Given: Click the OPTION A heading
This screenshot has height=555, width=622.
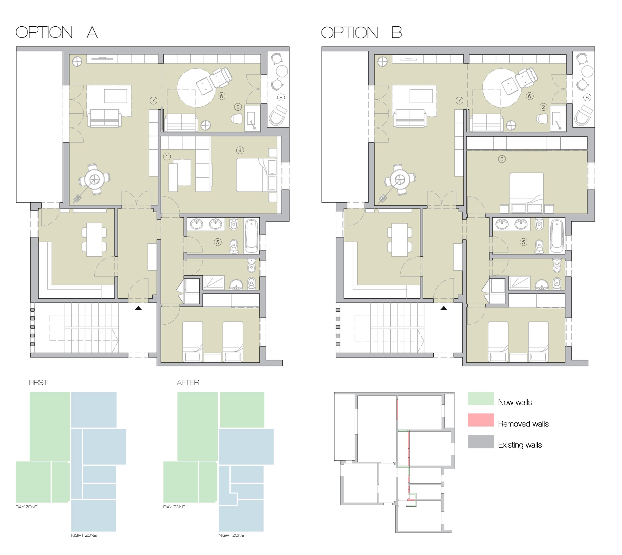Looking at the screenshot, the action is point(57,32).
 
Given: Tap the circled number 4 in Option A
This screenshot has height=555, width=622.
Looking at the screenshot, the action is point(240,150).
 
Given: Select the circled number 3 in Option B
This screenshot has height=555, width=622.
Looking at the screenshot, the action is point(502,159).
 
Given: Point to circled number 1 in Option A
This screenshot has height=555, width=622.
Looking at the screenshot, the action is point(167,157).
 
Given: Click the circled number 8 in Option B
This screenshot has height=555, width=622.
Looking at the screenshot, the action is point(587,98).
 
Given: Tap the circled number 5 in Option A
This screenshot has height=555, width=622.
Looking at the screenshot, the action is point(218,242).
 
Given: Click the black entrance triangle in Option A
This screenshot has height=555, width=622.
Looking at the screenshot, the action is point(138,308).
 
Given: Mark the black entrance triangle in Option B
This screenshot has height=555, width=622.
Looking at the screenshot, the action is point(444,308).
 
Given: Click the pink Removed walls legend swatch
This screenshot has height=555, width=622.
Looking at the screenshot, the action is point(481,420).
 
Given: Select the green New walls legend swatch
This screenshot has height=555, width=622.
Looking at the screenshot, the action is point(481,398).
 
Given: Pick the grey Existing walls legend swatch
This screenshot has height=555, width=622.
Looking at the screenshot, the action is point(481,442).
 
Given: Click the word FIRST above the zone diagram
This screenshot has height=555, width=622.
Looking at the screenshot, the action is point(38,382).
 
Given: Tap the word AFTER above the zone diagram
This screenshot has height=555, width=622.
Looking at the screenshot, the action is point(188,382).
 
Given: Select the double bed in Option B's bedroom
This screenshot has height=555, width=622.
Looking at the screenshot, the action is point(527,193).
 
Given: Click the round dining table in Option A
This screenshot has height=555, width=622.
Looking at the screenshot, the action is point(95,180).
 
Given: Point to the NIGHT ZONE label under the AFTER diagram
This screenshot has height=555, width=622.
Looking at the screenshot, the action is point(231,535).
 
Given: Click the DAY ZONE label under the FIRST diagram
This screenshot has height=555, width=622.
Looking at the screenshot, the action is point(27,507).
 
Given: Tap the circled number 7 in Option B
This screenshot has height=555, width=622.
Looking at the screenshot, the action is point(459,101).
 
